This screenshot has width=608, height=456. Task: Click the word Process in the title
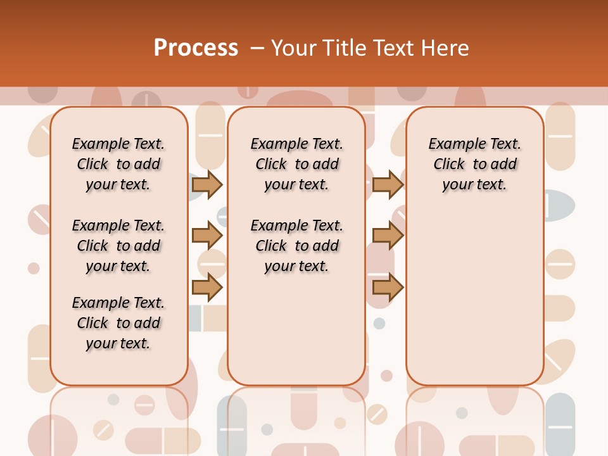[x=196, y=48]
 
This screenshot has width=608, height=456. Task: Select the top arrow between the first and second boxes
[x=207, y=184]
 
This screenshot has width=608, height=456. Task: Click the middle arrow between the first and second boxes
[x=207, y=236]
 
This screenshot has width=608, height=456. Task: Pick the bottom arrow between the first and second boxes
[x=207, y=288]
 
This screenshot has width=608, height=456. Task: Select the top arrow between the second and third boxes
[x=388, y=184]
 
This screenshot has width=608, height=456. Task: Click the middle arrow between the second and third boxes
[x=388, y=236]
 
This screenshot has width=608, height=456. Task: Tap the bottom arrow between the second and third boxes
[x=388, y=288]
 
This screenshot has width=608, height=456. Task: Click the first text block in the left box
[x=118, y=164]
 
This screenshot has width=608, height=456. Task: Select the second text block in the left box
[x=118, y=246]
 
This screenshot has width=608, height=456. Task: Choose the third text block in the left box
[x=118, y=323]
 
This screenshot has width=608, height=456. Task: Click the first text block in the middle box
[x=296, y=164]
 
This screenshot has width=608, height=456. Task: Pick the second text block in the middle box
[x=296, y=246]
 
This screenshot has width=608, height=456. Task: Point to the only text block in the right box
[x=475, y=164]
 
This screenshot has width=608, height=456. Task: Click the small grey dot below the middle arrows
[x=379, y=324]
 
